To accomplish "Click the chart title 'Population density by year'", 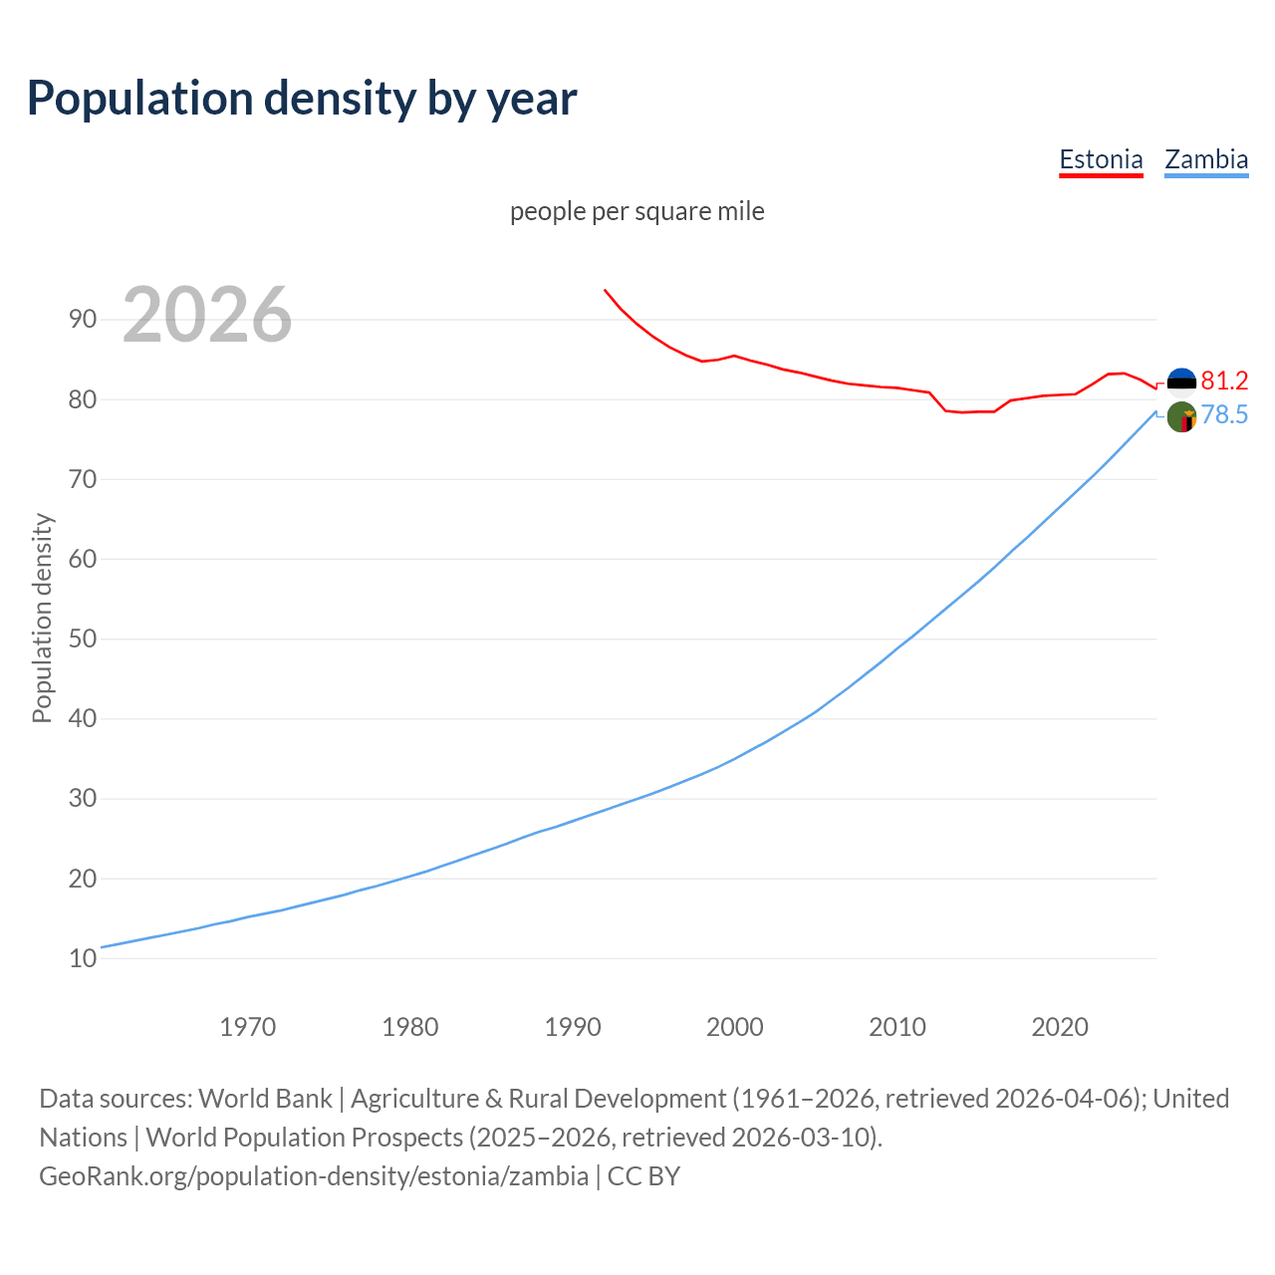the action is pyautogui.click(x=302, y=99).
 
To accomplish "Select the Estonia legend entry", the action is pyautogui.click(x=1101, y=159).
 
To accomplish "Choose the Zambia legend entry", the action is pyautogui.click(x=1206, y=159).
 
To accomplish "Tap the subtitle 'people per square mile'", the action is pyautogui.click(x=637, y=211).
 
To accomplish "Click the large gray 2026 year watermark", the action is pyautogui.click(x=207, y=315).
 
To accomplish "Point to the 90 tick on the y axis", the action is pyautogui.click(x=83, y=320).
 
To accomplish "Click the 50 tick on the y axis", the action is pyautogui.click(x=83, y=638).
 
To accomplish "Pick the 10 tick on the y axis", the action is pyautogui.click(x=83, y=958).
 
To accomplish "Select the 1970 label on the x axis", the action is pyautogui.click(x=248, y=1027).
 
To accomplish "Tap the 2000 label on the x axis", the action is pyautogui.click(x=735, y=1027).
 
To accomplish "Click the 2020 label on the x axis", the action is pyautogui.click(x=1060, y=1027).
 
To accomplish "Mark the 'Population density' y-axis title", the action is pyautogui.click(x=42, y=618).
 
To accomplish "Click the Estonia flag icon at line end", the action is pyautogui.click(x=1181, y=382).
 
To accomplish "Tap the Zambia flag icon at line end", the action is pyautogui.click(x=1181, y=417).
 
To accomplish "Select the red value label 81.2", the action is pyautogui.click(x=1224, y=381).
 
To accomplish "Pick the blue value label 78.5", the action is pyautogui.click(x=1224, y=415).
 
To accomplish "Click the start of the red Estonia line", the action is pyautogui.click(x=605, y=290).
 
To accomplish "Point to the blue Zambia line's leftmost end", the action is pyautogui.click(x=102, y=946).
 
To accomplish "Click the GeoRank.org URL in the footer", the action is pyautogui.click(x=314, y=1176).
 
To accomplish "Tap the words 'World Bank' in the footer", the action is pyautogui.click(x=265, y=1099).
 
